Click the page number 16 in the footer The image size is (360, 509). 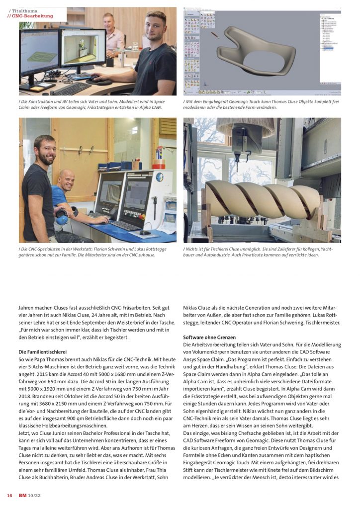tap(9, 495)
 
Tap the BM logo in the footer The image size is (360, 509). tap(22, 495)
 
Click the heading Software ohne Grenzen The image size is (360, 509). tap(207, 338)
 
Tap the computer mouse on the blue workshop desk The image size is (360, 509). tap(145, 232)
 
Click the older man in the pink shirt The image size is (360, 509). tap(113, 35)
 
